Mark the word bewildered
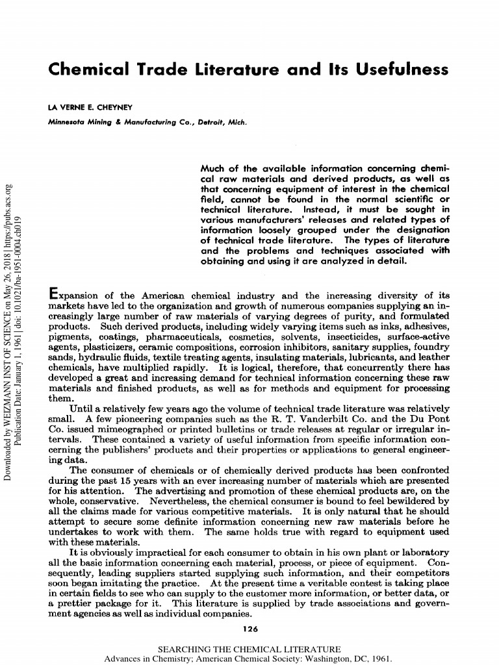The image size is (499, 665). pyautogui.click(x=413, y=501)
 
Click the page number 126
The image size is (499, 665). pyautogui.click(x=249, y=628)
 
